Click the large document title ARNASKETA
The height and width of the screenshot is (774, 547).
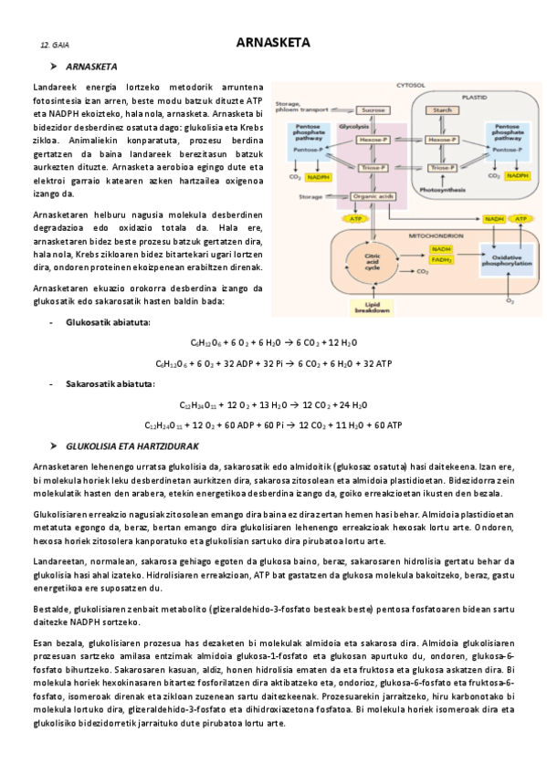point(273,42)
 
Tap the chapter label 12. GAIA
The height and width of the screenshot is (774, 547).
point(55,45)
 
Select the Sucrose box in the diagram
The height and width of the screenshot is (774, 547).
point(371,110)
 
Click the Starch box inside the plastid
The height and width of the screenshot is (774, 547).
point(442,110)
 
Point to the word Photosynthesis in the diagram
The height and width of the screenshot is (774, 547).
point(442,189)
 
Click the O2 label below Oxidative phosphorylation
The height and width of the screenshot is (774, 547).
point(510,298)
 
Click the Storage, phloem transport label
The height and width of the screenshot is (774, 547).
point(302,107)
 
